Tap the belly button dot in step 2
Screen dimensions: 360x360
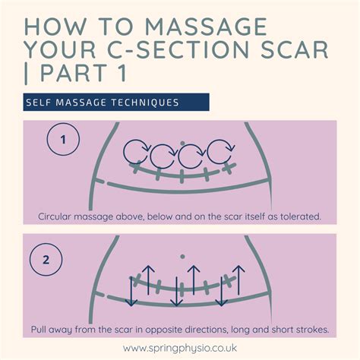[x=181, y=256]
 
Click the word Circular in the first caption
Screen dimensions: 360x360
[x=59, y=216]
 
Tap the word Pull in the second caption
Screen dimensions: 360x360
[x=41, y=330]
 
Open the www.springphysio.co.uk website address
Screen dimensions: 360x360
[x=180, y=349]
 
